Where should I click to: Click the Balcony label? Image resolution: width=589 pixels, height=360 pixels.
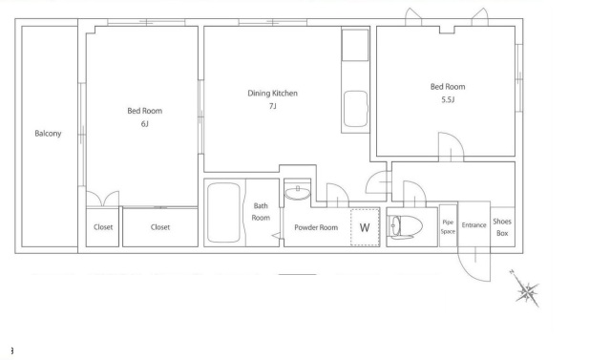[48, 134]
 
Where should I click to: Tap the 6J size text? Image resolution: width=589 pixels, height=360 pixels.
[144, 123]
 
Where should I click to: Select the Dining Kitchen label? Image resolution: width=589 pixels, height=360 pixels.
[272, 94]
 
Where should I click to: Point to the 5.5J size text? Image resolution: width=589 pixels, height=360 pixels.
[448, 99]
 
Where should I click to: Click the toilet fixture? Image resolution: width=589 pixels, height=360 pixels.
[405, 226]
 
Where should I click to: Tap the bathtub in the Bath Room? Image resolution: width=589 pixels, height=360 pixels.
[223, 212]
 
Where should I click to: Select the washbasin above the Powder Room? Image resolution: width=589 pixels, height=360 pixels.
[298, 193]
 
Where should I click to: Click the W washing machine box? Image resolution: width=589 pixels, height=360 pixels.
[365, 227]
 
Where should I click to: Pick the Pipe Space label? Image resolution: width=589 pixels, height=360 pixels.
[448, 227]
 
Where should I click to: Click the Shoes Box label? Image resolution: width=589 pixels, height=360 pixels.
[502, 227]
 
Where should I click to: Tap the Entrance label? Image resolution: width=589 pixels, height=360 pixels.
[473, 225]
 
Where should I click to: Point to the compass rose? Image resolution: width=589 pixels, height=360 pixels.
[526, 289]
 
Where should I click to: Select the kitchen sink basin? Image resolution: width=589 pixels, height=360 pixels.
[355, 109]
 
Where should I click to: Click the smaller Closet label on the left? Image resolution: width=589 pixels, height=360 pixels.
[103, 227]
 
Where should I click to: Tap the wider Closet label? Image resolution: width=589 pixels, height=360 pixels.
[160, 227]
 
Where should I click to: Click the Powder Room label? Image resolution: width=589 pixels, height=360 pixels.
[316, 227]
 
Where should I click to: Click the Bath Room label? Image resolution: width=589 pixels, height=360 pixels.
[261, 212]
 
